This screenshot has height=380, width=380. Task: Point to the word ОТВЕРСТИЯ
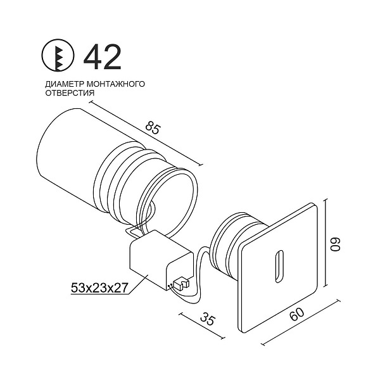tap(70, 92)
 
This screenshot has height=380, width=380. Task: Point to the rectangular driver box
tap(152, 260)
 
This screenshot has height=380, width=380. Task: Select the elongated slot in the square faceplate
tap(279, 264)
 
